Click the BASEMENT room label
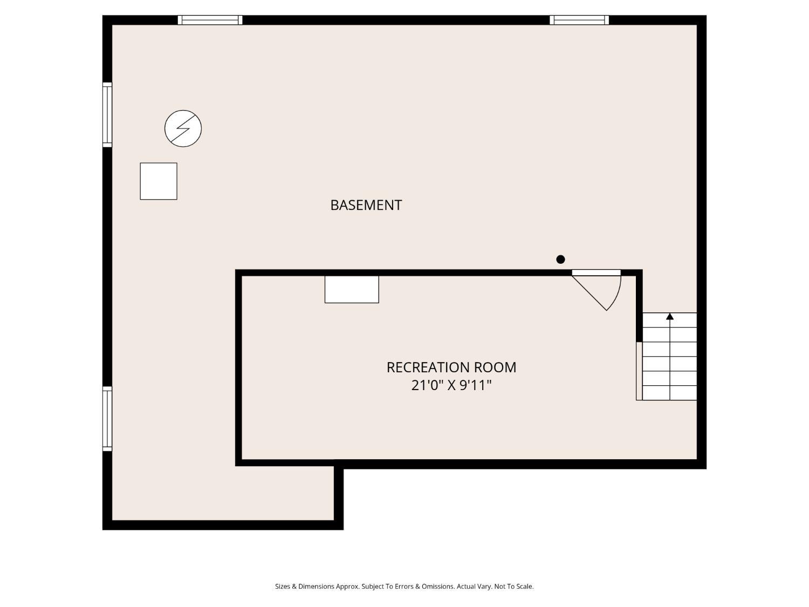(x=366, y=205)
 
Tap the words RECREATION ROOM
(x=451, y=367)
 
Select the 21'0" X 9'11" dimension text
(x=451, y=385)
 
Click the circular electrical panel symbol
(x=183, y=128)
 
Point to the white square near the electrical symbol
(x=159, y=181)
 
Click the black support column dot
(x=560, y=260)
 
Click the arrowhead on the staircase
(x=670, y=316)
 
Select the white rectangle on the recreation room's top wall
(x=352, y=289)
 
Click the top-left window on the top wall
(x=210, y=20)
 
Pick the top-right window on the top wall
(x=579, y=20)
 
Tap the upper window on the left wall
(x=107, y=114)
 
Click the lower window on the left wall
(x=107, y=418)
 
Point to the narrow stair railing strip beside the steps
(x=639, y=371)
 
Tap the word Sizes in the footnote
(x=283, y=586)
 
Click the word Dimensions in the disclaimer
(x=316, y=586)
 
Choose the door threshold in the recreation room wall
(x=597, y=272)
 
